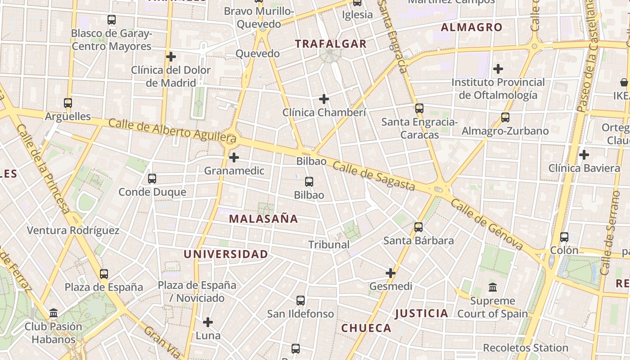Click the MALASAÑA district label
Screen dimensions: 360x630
pyautogui.click(x=263, y=219)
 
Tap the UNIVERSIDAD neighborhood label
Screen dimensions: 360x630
pyautogui.click(x=225, y=254)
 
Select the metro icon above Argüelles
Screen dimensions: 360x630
pyautogui.click(x=68, y=103)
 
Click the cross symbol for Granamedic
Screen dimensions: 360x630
pyautogui.click(x=234, y=157)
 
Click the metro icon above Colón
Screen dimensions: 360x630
pyautogui.click(x=564, y=237)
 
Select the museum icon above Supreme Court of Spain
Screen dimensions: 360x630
pyautogui.click(x=493, y=287)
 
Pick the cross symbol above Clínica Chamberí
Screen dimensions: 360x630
pyautogui.click(x=324, y=99)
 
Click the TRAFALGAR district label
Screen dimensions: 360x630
pyautogui.click(x=331, y=44)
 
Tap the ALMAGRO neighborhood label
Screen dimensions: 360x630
pyautogui.click(x=472, y=27)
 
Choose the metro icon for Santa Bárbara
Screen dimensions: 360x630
pyautogui.click(x=418, y=227)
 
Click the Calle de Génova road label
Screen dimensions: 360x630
pyautogui.click(x=487, y=225)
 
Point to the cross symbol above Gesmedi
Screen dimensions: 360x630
pyautogui.click(x=391, y=273)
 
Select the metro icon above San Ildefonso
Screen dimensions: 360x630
pyautogui.click(x=301, y=300)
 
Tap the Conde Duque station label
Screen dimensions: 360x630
pyautogui.click(x=152, y=192)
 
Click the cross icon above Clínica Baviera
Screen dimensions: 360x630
pyautogui.click(x=584, y=155)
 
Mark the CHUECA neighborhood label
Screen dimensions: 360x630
pyautogui.click(x=366, y=328)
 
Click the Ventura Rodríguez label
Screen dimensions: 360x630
pyautogui.click(x=73, y=231)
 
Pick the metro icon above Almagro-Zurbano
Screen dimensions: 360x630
pyautogui.click(x=505, y=117)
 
